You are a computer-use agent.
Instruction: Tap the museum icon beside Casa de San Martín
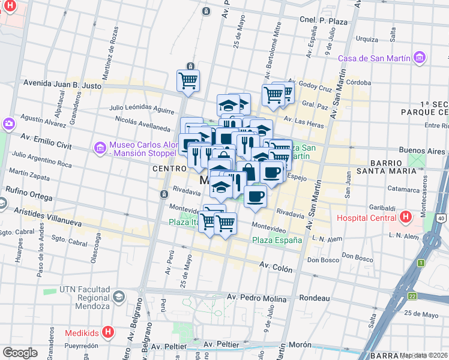tap(419, 58)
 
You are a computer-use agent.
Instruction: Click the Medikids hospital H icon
tap(108, 332)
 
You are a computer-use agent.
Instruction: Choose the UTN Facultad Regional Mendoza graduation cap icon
tap(119, 296)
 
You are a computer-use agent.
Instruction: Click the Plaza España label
tap(277, 240)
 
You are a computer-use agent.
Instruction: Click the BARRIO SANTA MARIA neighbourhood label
tap(394, 166)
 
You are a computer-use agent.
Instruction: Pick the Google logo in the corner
tap(20, 352)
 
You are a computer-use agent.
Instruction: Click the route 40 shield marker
tap(442, 218)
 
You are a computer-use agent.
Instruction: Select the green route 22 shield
tap(412, 296)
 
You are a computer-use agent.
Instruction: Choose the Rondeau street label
tap(315, 298)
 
